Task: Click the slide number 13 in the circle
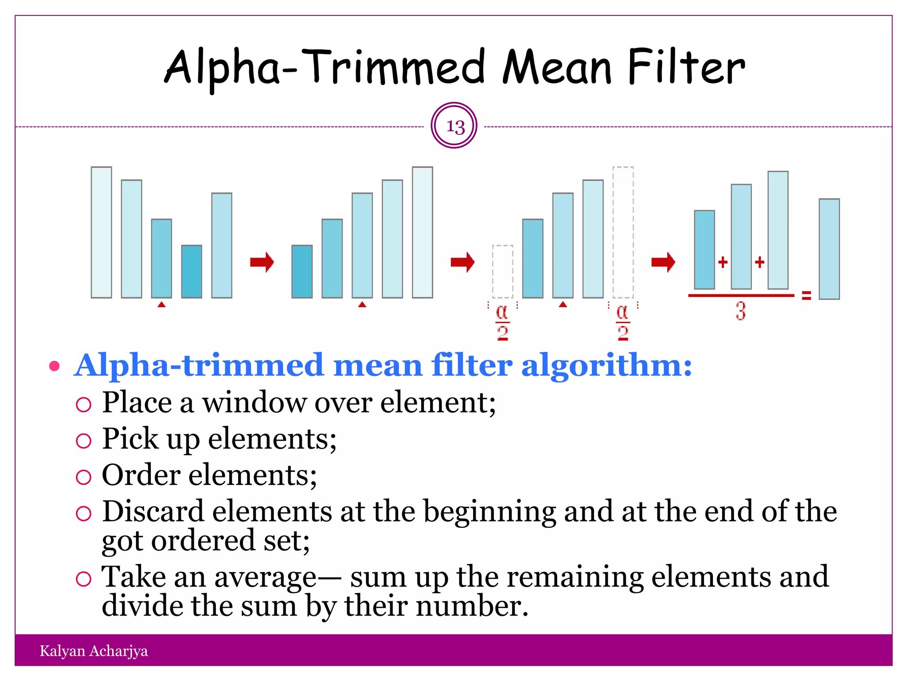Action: click(x=455, y=127)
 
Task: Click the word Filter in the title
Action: click(x=686, y=67)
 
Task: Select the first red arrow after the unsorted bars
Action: click(x=262, y=262)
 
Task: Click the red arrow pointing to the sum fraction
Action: click(x=663, y=262)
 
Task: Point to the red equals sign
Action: click(x=806, y=295)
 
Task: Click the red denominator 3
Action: click(x=740, y=311)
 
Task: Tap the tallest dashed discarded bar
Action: click(x=623, y=232)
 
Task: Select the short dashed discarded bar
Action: click(x=503, y=271)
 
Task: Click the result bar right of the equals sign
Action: click(x=829, y=249)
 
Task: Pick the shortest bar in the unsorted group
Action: click(x=192, y=271)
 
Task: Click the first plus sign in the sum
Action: click(x=723, y=262)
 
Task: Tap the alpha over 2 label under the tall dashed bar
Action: click(x=623, y=323)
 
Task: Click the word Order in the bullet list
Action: click(x=141, y=475)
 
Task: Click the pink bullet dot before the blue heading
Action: click(x=54, y=366)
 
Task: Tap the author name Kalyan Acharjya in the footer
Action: click(x=94, y=651)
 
